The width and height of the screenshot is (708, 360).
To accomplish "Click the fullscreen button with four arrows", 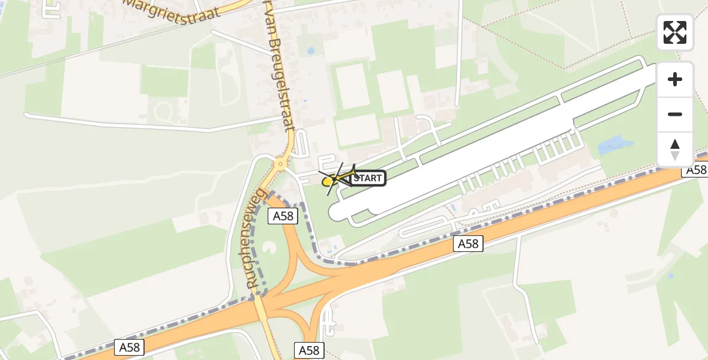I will point(675,32).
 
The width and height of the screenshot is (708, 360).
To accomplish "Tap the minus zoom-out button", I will point(675,114).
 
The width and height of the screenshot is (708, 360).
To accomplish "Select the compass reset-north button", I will point(675,149).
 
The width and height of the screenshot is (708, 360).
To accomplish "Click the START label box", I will point(367,178).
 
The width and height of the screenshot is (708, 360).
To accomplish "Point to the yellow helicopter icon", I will point(338,178).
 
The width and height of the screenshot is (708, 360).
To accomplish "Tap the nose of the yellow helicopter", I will point(326,181).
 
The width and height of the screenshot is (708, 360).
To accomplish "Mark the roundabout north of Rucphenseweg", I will point(280,163).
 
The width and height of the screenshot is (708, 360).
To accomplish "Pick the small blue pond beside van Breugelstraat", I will point(310,51).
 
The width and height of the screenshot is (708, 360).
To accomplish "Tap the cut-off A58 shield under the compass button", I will point(695,170).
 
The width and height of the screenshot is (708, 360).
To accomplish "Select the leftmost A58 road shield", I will point(129,347).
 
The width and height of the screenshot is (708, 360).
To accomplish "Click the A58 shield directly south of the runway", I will point(468,243).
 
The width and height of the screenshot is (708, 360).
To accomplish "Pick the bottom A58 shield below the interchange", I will point(309,350).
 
